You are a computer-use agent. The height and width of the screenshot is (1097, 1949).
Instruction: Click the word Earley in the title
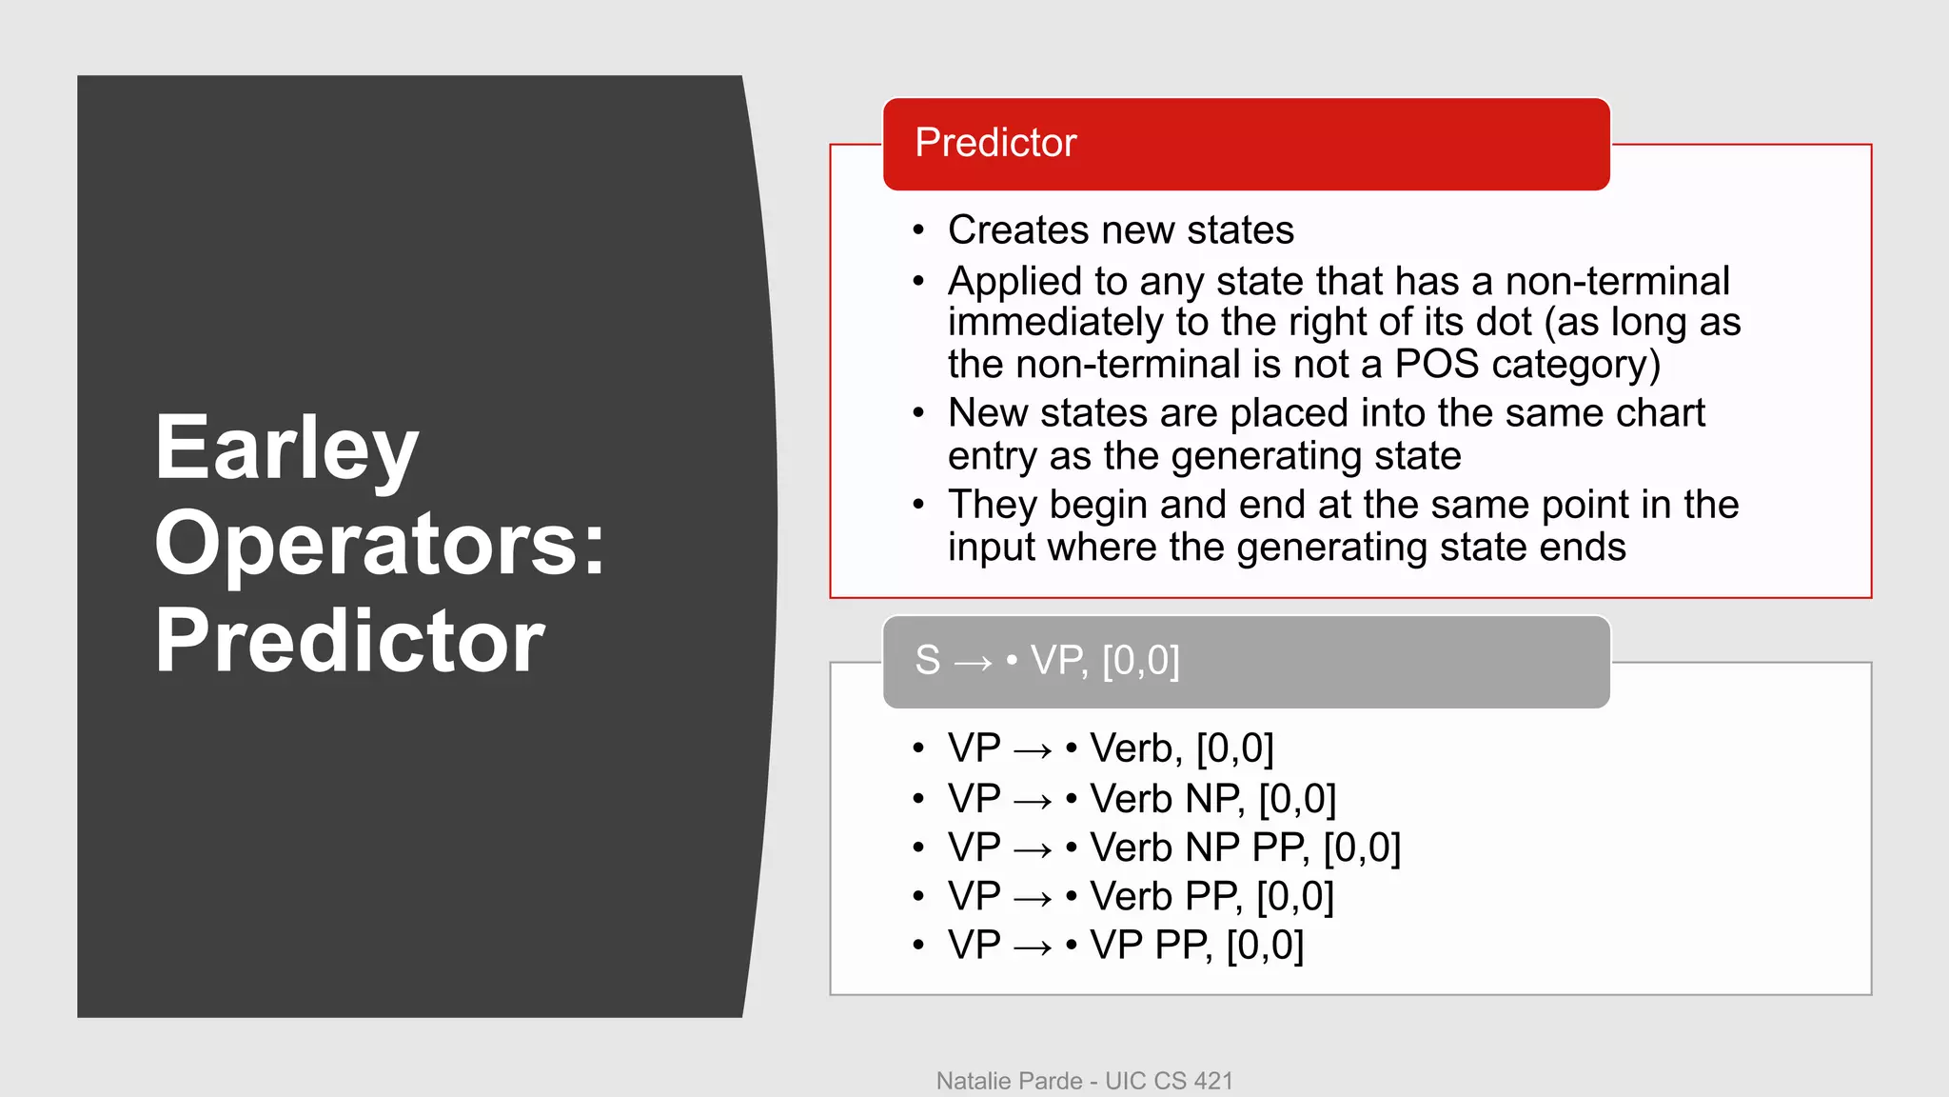(285, 449)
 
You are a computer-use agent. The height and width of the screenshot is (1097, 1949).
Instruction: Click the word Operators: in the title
(379, 544)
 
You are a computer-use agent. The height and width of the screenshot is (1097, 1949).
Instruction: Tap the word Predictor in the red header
(995, 143)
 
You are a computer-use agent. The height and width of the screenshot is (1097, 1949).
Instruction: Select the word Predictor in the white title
(349, 640)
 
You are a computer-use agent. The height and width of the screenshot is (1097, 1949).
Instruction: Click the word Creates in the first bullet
(1017, 230)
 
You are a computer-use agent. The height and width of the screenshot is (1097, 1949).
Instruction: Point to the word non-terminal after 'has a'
(1617, 282)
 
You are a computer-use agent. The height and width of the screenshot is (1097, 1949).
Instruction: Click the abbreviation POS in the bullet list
(1436, 365)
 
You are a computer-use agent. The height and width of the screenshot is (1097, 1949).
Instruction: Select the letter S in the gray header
(927, 661)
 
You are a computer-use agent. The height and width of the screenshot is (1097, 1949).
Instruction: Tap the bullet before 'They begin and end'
(918, 505)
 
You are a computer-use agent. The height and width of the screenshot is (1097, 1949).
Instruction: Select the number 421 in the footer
(1213, 1081)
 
